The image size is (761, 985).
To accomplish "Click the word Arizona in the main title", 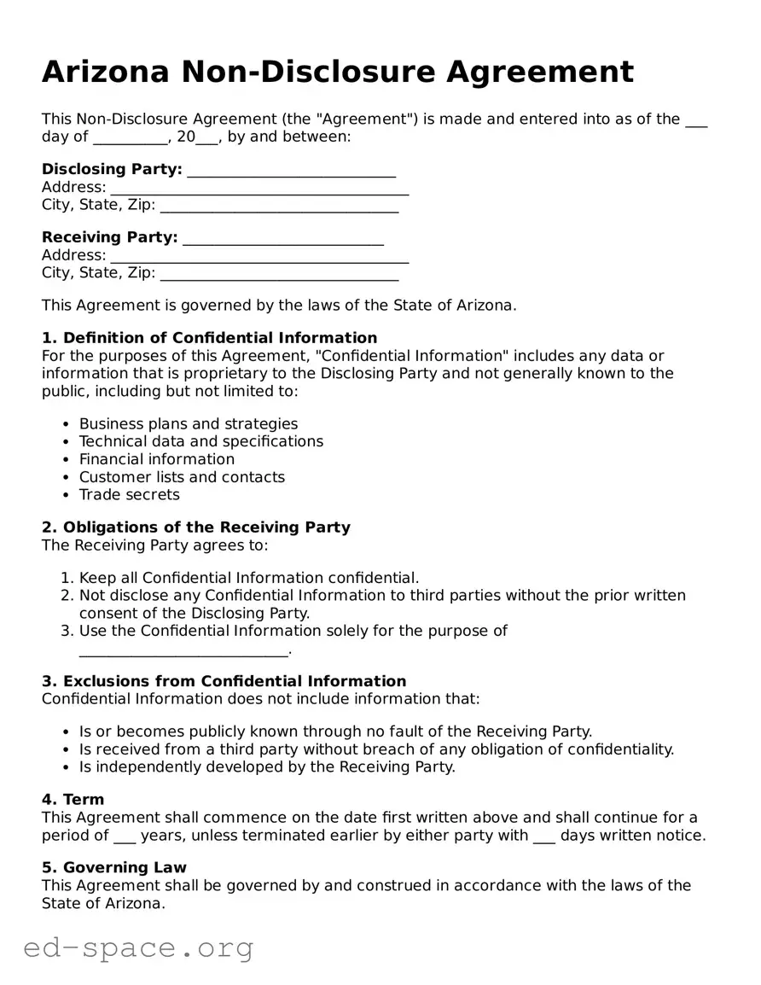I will pos(106,72).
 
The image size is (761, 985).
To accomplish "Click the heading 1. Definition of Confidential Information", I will pos(209,338).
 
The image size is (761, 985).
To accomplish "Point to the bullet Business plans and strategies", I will pos(189,424).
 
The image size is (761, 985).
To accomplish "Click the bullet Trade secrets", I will pos(130,495).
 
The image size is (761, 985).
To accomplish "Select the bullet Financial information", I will pos(157,459).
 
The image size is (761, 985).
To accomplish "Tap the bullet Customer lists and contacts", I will pos(182,477).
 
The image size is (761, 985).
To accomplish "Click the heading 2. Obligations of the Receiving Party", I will pos(196,527).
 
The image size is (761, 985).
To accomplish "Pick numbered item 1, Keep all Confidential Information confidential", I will pos(249,579).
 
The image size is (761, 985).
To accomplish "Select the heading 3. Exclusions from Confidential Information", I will pos(224,681).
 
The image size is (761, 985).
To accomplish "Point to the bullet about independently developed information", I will pos(267,767).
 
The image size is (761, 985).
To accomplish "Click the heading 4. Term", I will pos(73,800).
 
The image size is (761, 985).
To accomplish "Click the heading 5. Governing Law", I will pos(114,868).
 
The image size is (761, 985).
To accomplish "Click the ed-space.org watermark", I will pos(138,948).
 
